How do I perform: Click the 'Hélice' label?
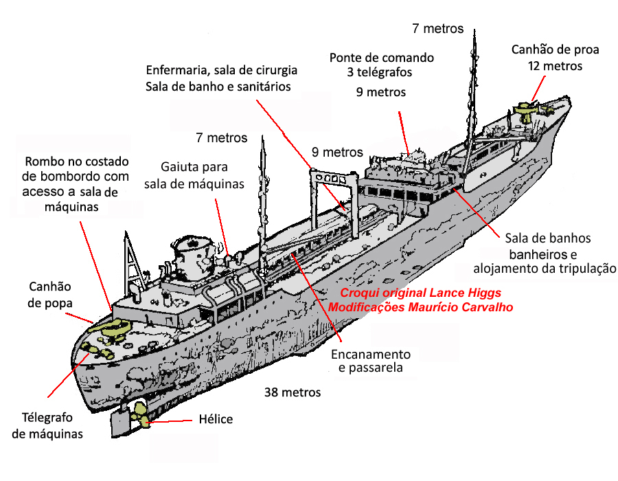click(x=216, y=418)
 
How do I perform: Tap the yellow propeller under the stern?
click(x=141, y=415)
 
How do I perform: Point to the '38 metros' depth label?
click(x=293, y=392)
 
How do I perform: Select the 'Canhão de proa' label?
click(x=555, y=49)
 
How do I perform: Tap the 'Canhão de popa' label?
click(x=50, y=295)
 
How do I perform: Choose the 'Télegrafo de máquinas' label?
click(x=47, y=426)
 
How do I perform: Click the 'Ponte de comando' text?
click(x=382, y=58)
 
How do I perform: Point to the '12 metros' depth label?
click(x=555, y=66)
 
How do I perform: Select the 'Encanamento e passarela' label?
click(x=371, y=361)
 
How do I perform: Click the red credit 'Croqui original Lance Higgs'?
click(x=420, y=293)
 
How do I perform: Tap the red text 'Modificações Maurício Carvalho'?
click(x=420, y=307)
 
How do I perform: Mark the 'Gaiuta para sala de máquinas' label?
click(x=194, y=175)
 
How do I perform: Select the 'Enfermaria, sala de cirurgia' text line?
click(x=222, y=70)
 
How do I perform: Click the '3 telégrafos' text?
click(x=380, y=73)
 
